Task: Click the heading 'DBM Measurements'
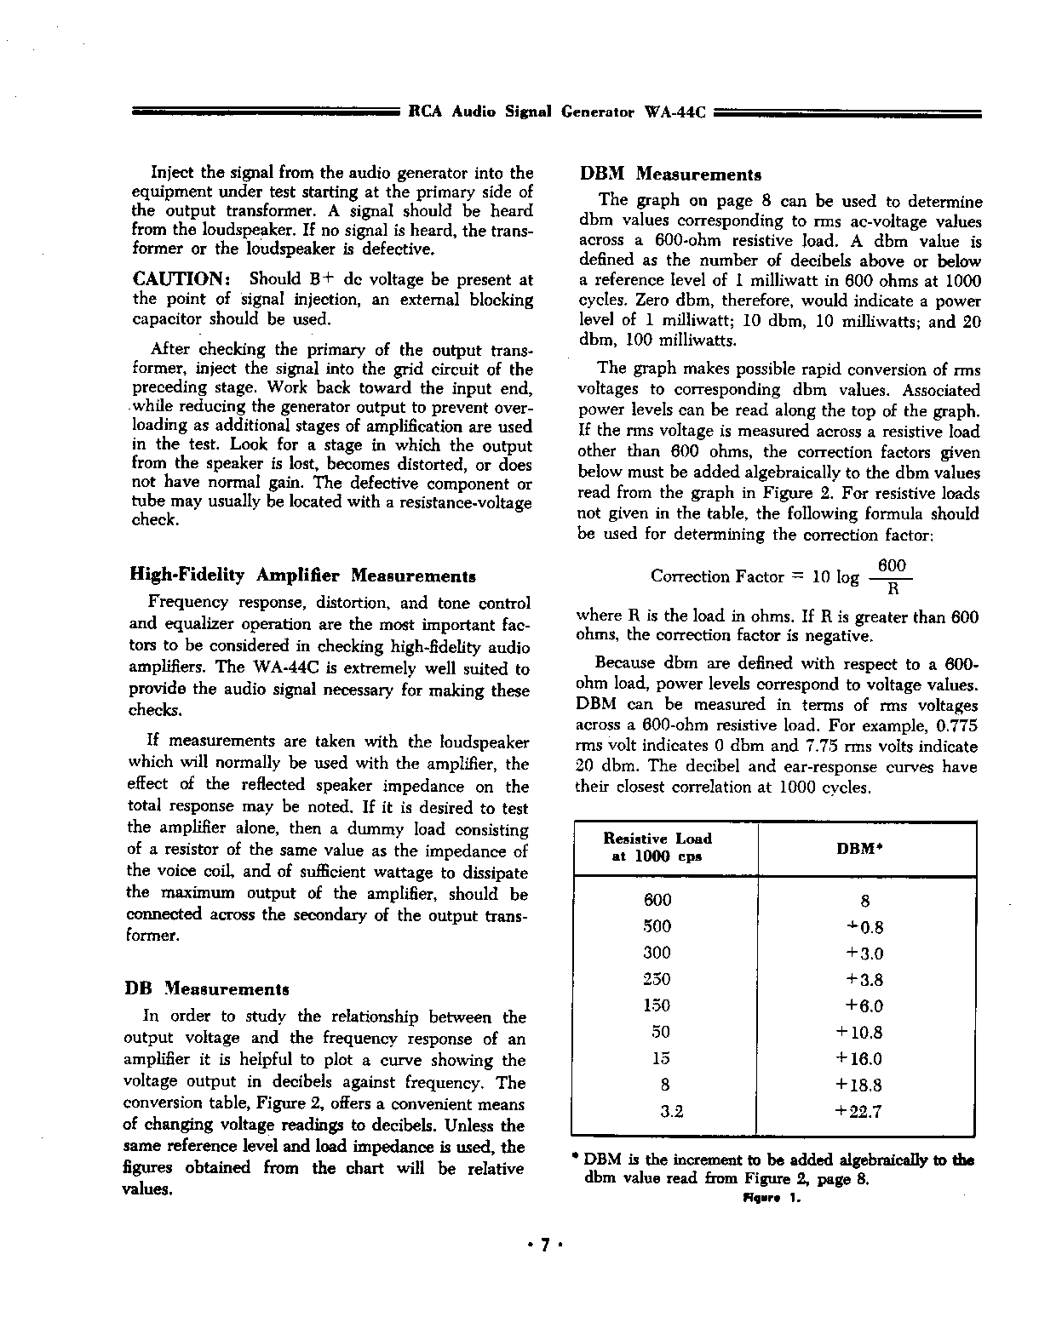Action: point(670,175)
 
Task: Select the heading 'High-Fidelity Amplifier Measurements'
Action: point(302,576)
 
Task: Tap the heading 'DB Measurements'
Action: point(207,989)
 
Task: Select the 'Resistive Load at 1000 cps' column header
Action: point(657,848)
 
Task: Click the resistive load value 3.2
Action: point(672,1111)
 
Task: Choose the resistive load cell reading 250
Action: point(657,979)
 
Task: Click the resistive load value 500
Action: point(657,926)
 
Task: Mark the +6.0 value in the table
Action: point(864,1005)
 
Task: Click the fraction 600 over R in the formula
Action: point(892,577)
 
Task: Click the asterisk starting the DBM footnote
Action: point(577,1158)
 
